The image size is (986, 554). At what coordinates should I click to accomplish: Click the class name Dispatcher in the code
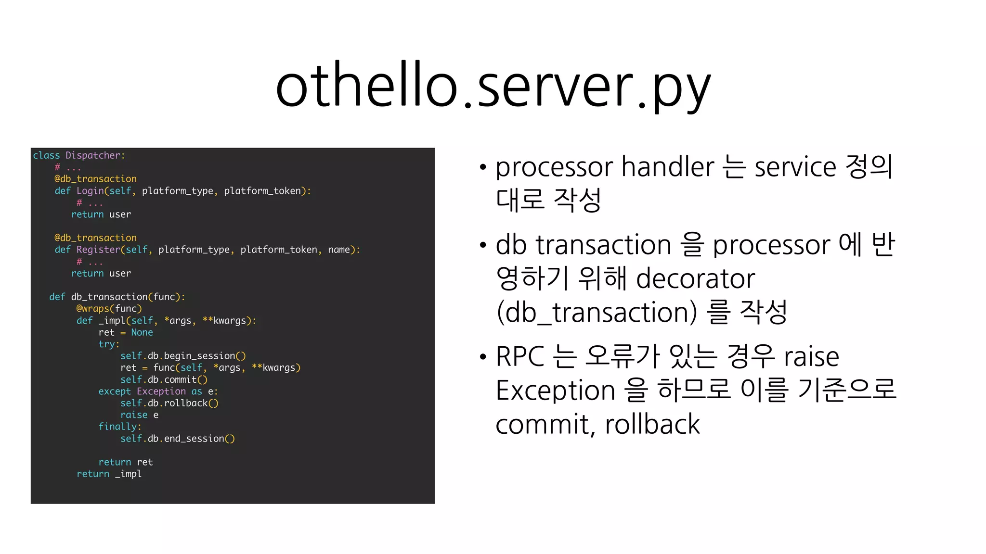point(92,155)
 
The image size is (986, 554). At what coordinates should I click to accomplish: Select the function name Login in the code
point(90,191)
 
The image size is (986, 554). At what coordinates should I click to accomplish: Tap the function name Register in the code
point(98,250)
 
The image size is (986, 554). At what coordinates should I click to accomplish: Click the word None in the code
point(142,332)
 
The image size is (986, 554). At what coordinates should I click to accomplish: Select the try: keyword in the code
point(109,344)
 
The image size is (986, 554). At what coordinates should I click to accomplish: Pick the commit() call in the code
point(185,379)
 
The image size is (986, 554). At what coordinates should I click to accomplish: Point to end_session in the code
point(194,439)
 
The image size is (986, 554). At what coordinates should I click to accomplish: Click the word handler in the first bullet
point(668,167)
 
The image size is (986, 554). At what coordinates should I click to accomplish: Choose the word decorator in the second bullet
point(695,278)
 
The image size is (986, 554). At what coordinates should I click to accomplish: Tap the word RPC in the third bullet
point(519,356)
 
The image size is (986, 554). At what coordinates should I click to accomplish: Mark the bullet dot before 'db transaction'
point(483,245)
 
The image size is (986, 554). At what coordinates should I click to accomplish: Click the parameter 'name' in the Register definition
point(339,250)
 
